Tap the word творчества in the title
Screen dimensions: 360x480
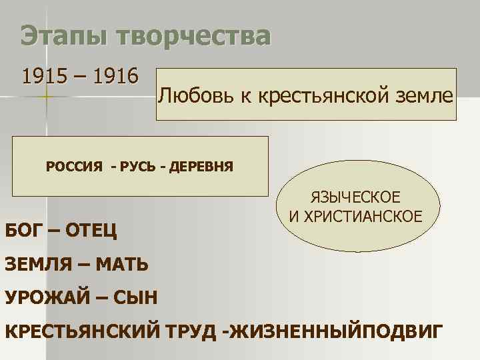click(193, 37)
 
